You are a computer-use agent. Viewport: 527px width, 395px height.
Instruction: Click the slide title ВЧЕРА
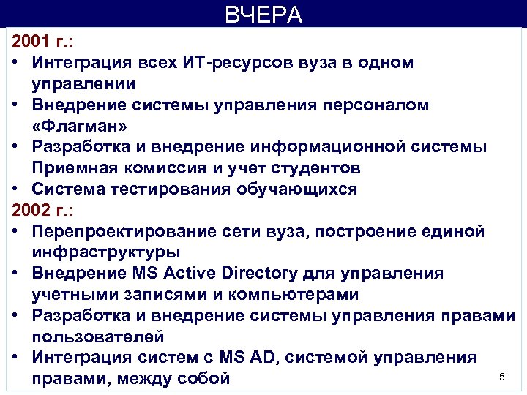(263, 15)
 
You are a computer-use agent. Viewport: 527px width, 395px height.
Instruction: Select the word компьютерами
(288, 295)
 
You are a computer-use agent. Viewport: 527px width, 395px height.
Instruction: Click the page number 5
(502, 377)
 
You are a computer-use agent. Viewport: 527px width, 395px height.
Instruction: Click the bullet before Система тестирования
(17, 190)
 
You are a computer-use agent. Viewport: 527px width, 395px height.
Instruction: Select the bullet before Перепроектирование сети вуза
(17, 232)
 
